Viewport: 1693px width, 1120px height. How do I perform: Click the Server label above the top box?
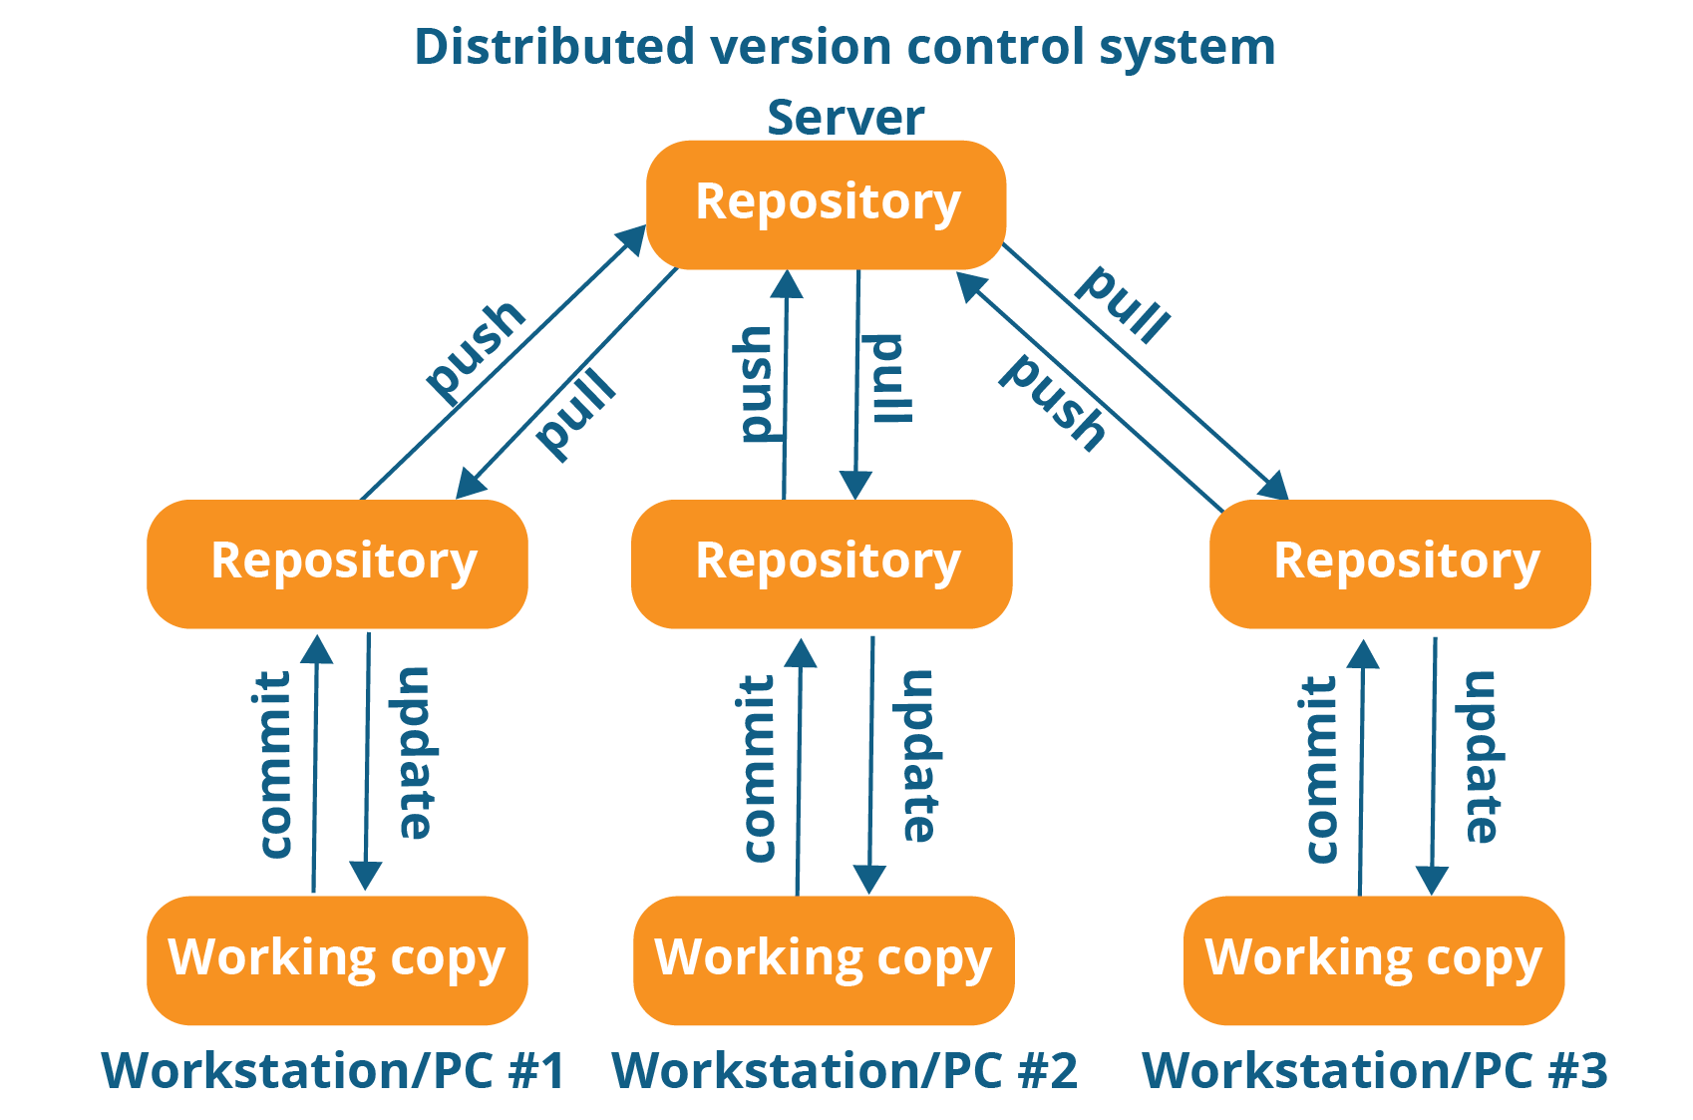click(x=846, y=118)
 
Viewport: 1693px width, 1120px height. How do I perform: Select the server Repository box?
click(x=827, y=203)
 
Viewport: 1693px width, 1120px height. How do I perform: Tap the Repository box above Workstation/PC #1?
click(x=337, y=563)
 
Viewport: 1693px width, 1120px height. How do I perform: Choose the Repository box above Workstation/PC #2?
click(x=822, y=563)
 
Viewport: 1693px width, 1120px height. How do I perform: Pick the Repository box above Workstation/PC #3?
click(x=1400, y=563)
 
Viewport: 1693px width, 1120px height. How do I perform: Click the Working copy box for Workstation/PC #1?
click(x=337, y=959)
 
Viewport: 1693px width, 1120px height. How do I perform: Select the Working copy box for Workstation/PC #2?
click(x=824, y=959)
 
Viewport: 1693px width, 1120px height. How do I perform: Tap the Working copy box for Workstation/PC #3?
click(x=1374, y=959)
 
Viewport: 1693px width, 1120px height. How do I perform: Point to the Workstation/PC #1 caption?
click(x=333, y=1071)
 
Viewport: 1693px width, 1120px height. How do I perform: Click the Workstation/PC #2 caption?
click(x=845, y=1071)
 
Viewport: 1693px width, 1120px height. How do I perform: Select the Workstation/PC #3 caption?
click(x=1374, y=1071)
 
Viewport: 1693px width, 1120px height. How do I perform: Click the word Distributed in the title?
click(x=554, y=47)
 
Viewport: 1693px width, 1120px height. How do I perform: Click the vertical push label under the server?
click(x=755, y=384)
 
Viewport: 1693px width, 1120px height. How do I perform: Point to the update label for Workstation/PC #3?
click(x=1482, y=757)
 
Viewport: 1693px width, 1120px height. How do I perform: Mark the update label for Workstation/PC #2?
click(x=919, y=755)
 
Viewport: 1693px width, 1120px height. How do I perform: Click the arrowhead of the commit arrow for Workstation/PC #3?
click(x=1363, y=654)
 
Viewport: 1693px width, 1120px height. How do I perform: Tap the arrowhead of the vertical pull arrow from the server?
click(x=855, y=486)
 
